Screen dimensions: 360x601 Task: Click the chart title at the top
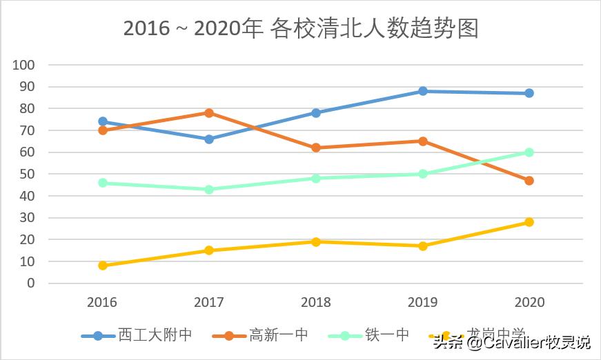click(x=300, y=29)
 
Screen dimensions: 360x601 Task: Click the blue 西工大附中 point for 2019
click(x=422, y=91)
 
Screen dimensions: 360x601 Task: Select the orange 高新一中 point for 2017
click(x=209, y=113)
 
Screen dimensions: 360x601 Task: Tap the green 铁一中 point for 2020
click(x=529, y=152)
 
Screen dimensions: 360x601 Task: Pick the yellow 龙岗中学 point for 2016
click(x=103, y=266)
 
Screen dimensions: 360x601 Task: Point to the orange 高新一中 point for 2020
click(x=529, y=181)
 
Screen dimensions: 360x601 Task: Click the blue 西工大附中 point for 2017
click(x=209, y=139)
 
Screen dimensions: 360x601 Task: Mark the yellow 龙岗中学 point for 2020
click(x=529, y=222)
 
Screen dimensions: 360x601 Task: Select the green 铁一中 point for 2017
click(x=209, y=189)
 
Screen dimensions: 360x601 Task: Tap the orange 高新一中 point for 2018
click(x=316, y=148)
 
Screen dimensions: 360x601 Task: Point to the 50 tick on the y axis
click(x=27, y=174)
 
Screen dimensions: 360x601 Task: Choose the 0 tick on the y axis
click(x=30, y=283)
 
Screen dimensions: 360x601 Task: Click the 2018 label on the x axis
click(x=316, y=303)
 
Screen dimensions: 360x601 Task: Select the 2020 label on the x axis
click(x=529, y=303)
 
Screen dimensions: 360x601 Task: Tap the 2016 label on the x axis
click(x=103, y=303)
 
